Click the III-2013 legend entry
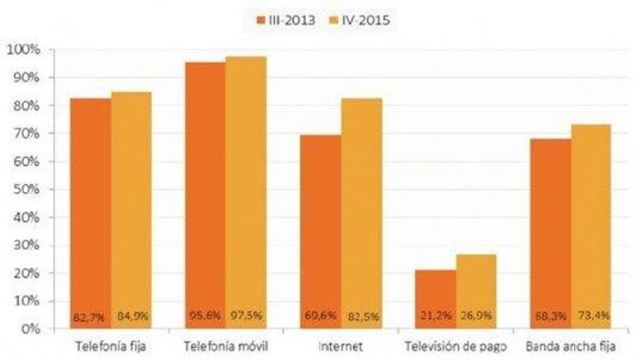point(284,20)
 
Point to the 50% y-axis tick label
point(24,189)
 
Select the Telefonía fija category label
point(111,345)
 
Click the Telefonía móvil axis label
point(225,345)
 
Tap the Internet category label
point(340,345)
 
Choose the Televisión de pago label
point(455,345)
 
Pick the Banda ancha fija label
point(569,345)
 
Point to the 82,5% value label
point(361,317)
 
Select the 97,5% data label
point(246,317)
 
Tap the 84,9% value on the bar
point(132,317)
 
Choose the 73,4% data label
point(591,317)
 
